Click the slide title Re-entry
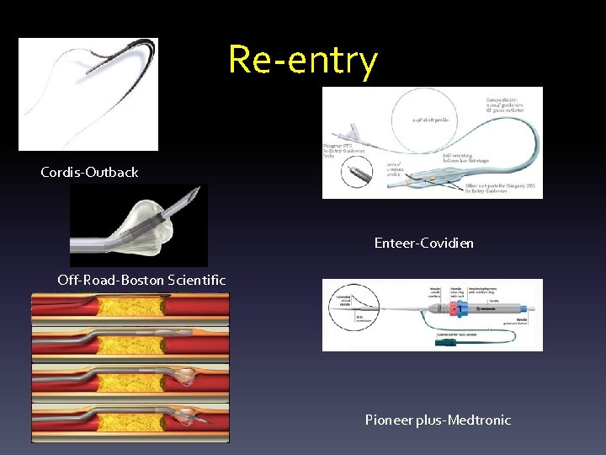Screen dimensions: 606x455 pyautogui.click(x=303, y=60)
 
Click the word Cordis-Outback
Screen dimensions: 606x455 pyautogui.click(x=89, y=172)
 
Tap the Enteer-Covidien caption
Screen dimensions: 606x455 pyautogui.click(x=423, y=243)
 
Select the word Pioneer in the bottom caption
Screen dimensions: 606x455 pyautogui.click(x=390, y=420)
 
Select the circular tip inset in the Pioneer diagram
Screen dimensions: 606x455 pyautogui.click(x=345, y=303)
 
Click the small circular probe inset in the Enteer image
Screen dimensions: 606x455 pyautogui.click(x=359, y=177)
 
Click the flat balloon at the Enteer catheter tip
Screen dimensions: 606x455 pyautogui.click(x=438, y=179)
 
